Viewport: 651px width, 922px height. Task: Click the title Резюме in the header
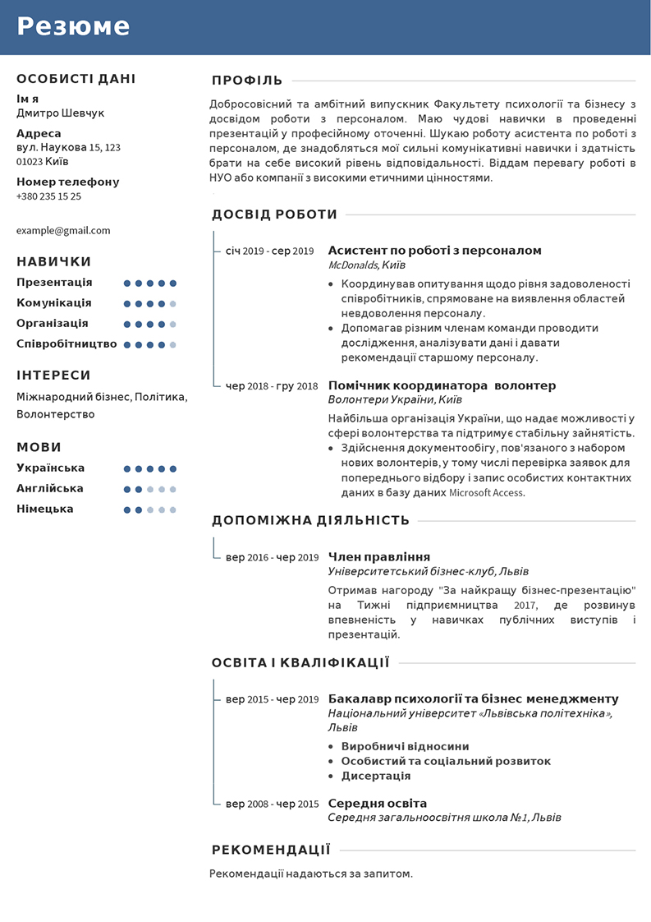[x=74, y=26]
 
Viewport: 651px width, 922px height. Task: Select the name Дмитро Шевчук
[x=61, y=113]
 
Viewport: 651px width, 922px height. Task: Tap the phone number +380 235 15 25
[x=48, y=196]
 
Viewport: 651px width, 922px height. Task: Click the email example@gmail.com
[x=63, y=231]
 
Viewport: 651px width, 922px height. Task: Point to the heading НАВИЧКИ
[x=54, y=262]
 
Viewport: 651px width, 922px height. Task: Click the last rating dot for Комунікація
[x=173, y=303]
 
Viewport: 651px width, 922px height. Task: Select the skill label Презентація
[x=54, y=283]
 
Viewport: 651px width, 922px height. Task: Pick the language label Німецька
[x=45, y=509]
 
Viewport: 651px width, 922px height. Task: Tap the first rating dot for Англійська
[x=127, y=489]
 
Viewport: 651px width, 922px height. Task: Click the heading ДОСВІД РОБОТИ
[x=274, y=215]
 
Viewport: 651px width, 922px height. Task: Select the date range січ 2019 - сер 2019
[x=269, y=251]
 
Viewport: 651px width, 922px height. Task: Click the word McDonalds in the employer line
[x=353, y=265]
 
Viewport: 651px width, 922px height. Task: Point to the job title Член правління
[x=378, y=557]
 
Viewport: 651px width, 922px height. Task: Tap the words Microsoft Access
[x=486, y=494]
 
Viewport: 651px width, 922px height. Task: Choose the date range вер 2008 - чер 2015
[x=272, y=804]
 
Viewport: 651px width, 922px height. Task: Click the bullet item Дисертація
[x=376, y=776]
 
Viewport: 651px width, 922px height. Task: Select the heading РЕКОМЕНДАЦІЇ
[x=271, y=850]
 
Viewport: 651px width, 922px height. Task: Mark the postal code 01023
[x=30, y=162]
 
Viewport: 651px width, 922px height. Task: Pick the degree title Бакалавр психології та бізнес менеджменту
[x=473, y=699]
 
